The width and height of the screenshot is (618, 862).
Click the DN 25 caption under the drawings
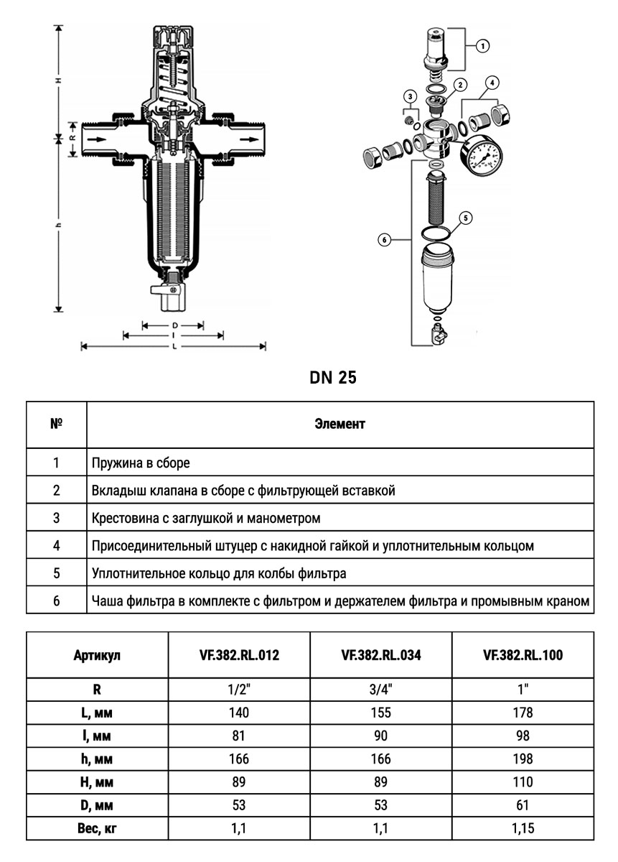click(x=333, y=378)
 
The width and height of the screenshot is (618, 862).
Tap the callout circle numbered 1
click(x=482, y=45)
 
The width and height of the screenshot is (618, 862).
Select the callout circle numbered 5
click(x=464, y=216)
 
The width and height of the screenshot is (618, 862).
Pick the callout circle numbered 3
click(x=410, y=96)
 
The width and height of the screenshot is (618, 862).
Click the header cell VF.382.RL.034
click(x=381, y=655)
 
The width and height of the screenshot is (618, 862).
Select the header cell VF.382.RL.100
click(x=523, y=655)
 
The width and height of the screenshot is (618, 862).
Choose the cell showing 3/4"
click(x=381, y=690)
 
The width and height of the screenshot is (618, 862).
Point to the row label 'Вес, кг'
click(x=96, y=828)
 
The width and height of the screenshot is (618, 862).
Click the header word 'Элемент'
click(x=340, y=424)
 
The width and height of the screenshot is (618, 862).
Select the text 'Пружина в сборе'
click(x=141, y=463)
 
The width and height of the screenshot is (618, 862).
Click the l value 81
click(x=239, y=736)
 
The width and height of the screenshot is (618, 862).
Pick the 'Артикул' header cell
click(x=96, y=655)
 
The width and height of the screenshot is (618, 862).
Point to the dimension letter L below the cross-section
click(x=174, y=346)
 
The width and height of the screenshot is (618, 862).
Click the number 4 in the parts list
click(x=56, y=545)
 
